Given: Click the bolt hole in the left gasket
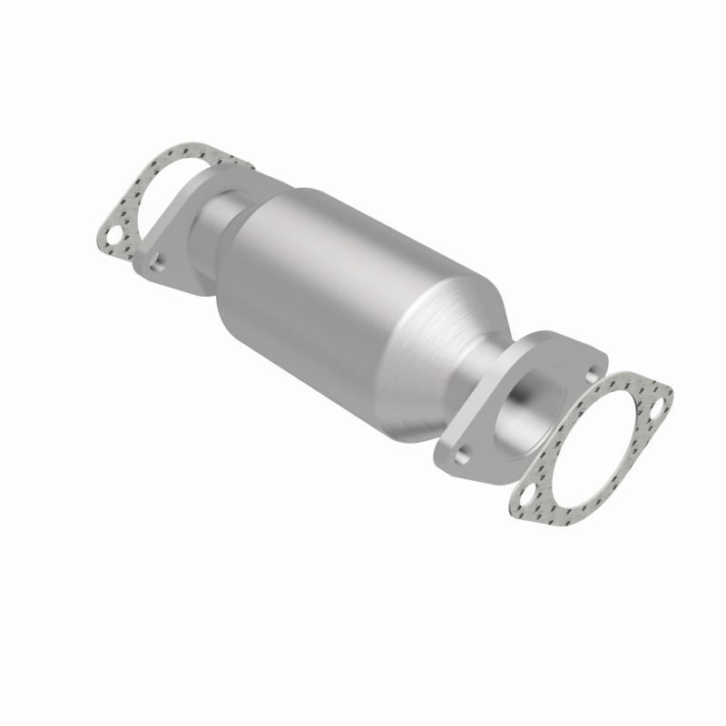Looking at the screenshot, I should [114, 239].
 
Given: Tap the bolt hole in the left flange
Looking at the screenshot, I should [159, 261].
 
